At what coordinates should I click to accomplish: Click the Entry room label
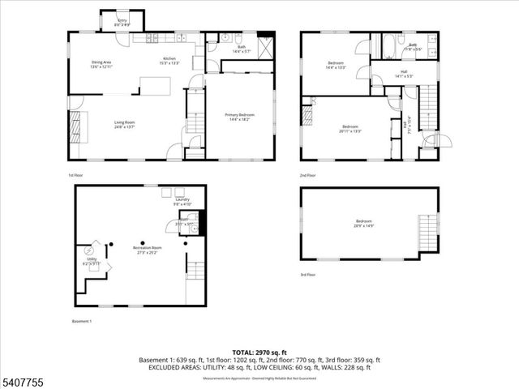(x=122, y=21)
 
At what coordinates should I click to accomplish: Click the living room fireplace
(x=78, y=126)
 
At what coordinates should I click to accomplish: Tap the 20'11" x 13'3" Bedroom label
(x=350, y=128)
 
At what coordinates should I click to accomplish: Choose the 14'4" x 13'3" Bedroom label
(x=337, y=65)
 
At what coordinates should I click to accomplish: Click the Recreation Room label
(x=148, y=250)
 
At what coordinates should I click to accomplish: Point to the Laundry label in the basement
(x=182, y=201)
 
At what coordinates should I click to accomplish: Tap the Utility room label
(x=92, y=261)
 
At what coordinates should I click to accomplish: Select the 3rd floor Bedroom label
(x=363, y=223)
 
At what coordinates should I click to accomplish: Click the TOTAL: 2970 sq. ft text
(x=259, y=353)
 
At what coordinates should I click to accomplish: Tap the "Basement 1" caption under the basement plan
(x=80, y=321)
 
